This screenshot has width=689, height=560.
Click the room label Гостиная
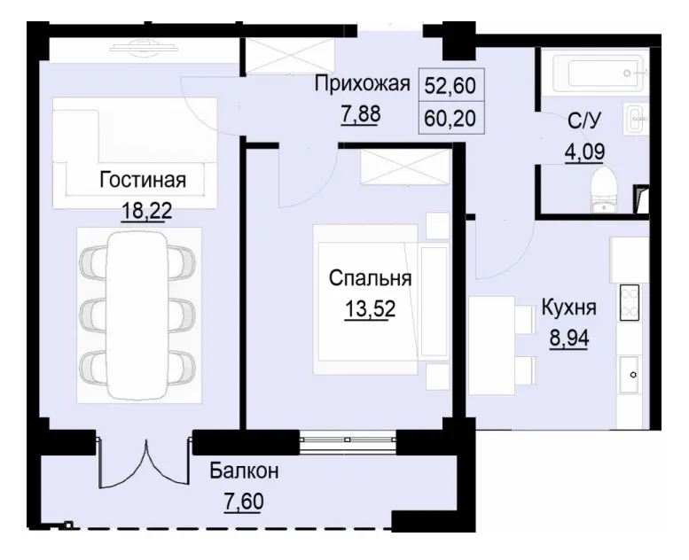[142, 181]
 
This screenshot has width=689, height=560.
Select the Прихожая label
[363, 85]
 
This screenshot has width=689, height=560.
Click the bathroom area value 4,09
[585, 151]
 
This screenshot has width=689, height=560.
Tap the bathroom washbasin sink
[635, 119]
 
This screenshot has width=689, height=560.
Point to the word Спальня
[370, 279]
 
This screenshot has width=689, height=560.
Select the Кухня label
[568, 308]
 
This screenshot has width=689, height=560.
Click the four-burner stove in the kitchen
[631, 300]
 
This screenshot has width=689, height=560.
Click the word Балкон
[245, 471]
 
